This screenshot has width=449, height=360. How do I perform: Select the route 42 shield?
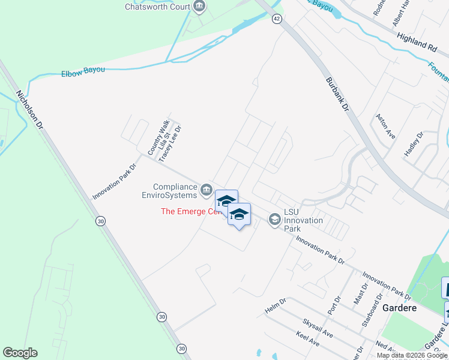276,19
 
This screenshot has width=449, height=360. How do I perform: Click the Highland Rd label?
415,41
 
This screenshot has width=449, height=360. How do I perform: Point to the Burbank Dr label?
337,94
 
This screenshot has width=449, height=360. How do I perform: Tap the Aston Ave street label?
385,127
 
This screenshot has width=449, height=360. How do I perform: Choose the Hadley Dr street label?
414,145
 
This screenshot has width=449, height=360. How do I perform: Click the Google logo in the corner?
20,353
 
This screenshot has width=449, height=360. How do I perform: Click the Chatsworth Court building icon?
199,7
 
